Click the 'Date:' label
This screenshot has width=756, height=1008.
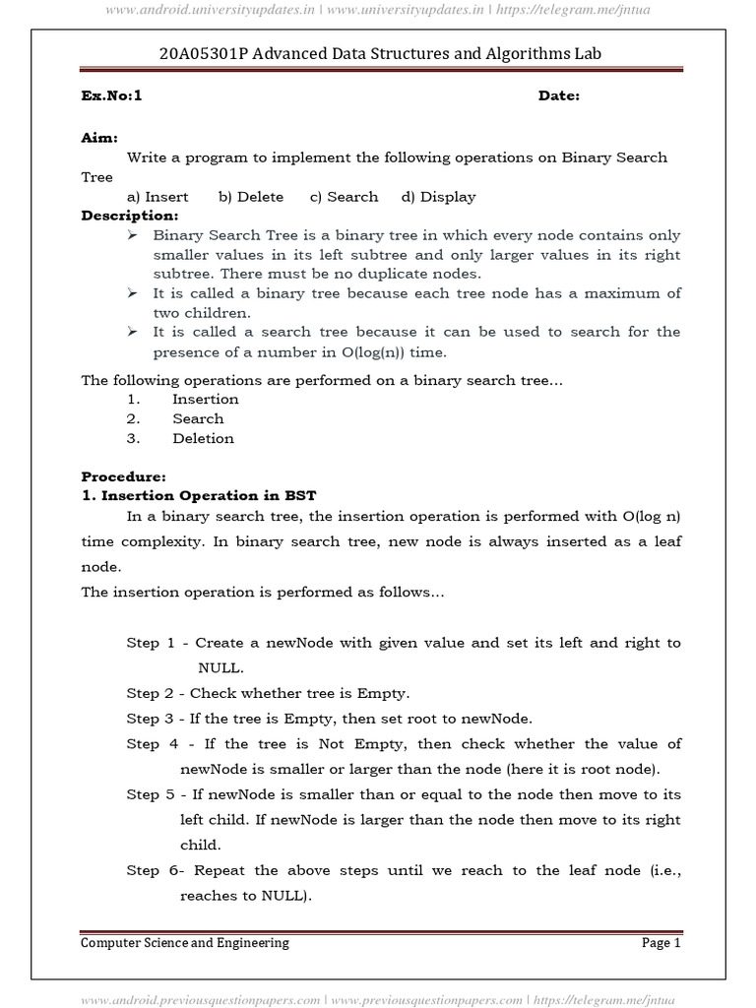click(x=558, y=95)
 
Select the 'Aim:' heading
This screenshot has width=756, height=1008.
click(x=98, y=138)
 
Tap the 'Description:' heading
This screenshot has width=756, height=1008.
click(x=129, y=216)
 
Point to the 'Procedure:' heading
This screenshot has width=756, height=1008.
click(x=123, y=475)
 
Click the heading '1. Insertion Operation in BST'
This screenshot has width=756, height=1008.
click(x=199, y=495)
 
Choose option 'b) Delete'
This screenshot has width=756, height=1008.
click(x=251, y=197)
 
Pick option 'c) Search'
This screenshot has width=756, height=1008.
click(x=344, y=197)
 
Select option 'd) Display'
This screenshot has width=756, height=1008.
click(x=438, y=197)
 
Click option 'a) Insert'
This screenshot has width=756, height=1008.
click(x=157, y=197)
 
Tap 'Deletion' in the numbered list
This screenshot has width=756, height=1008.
click(x=203, y=438)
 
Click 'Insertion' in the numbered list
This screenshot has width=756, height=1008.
click(x=205, y=400)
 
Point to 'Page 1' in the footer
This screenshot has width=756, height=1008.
click(x=661, y=943)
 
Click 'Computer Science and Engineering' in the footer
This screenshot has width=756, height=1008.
click(x=185, y=943)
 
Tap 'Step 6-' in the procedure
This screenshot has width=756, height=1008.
click(x=154, y=871)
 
